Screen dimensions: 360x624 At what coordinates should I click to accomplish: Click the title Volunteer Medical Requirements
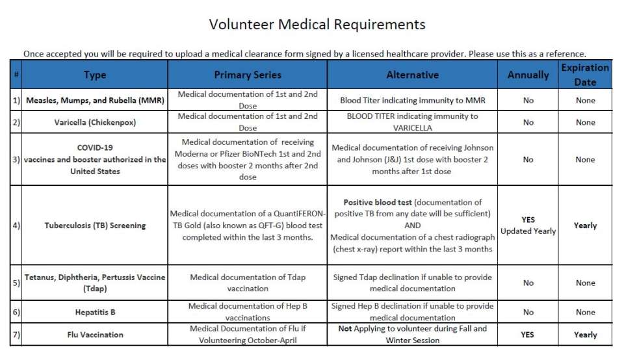tap(317, 25)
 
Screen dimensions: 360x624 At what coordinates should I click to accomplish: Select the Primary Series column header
tap(248, 75)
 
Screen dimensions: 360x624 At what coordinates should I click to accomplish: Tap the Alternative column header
tap(412, 75)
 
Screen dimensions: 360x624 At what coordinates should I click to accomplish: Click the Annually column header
tap(528, 75)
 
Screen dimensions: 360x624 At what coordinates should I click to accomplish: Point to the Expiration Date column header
tap(585, 75)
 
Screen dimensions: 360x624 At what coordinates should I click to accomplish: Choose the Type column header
tap(95, 75)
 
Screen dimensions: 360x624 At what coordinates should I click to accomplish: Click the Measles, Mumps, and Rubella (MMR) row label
tap(95, 101)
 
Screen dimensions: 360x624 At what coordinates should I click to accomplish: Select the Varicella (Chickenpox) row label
tap(95, 122)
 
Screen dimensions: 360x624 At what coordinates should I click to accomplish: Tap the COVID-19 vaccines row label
tap(95, 159)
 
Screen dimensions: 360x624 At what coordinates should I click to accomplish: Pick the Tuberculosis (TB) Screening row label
tap(95, 225)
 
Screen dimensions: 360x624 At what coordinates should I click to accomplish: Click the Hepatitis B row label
tap(95, 312)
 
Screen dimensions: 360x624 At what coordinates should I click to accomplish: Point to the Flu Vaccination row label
tap(95, 335)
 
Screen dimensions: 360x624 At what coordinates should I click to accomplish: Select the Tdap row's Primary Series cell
tap(248, 283)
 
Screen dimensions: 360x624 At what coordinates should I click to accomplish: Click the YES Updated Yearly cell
tap(528, 225)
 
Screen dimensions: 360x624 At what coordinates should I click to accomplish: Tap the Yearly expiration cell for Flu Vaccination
tap(585, 335)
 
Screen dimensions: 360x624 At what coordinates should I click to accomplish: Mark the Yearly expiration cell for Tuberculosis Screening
tap(585, 225)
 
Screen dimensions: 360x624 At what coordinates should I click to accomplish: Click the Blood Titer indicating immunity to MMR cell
tap(412, 101)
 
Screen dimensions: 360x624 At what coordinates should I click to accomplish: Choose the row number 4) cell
tap(16, 225)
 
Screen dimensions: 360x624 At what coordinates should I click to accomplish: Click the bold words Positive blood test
tap(377, 202)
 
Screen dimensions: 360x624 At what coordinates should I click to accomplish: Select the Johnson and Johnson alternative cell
tap(412, 159)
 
